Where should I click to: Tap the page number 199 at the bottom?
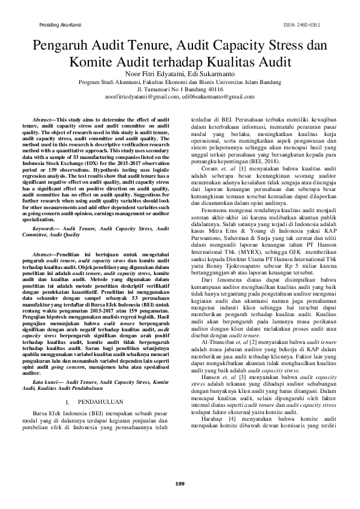pos(180,484)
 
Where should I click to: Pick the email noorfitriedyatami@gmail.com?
pos(138,97)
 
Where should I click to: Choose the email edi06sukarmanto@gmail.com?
pos(213,97)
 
